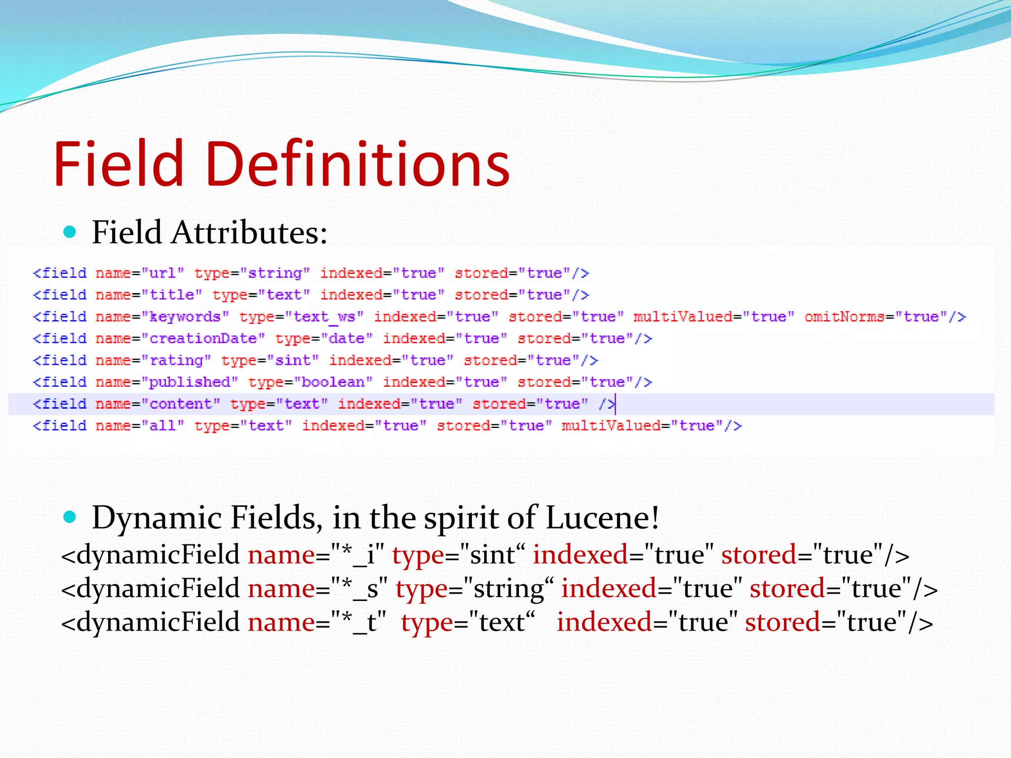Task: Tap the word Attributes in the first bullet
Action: (x=249, y=232)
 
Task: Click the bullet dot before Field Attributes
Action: (x=70, y=231)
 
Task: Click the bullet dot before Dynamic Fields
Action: (x=70, y=517)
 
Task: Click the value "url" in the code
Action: (x=163, y=273)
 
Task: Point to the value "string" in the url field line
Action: (x=275, y=273)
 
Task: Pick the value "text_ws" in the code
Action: (x=324, y=317)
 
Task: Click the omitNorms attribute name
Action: (x=844, y=317)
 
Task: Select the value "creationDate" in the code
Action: (x=203, y=339)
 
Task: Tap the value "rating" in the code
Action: (x=176, y=360)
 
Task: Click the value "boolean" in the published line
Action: (x=333, y=382)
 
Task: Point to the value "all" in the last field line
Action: (x=163, y=425)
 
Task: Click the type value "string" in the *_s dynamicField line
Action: (x=508, y=588)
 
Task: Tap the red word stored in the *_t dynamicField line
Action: (x=782, y=622)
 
